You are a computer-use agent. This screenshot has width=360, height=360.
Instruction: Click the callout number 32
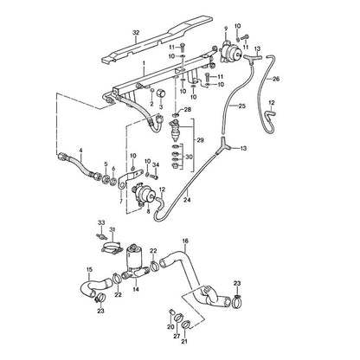coord(136,33)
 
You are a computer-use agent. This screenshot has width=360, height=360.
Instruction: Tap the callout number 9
coord(226,28)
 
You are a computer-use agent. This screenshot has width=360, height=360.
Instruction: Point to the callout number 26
coord(276,79)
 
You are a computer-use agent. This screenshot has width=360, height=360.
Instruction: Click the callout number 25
coord(242,106)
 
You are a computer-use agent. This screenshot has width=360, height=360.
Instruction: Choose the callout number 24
coord(188,200)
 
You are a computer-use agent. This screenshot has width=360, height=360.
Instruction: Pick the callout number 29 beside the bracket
coord(200,140)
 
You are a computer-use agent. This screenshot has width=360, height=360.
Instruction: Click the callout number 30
coord(189,157)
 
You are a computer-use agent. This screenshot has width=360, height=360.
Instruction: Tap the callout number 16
coord(185,241)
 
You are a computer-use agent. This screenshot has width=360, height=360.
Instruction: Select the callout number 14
coord(136,289)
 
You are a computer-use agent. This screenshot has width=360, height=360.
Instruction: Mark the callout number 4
coord(80,150)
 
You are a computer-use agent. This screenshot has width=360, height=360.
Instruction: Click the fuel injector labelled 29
coord(176,129)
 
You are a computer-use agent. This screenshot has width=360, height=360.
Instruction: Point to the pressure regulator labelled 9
coord(231,53)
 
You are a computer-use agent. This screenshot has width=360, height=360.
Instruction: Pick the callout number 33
coord(101,222)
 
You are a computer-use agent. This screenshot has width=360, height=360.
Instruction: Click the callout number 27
coord(177,336)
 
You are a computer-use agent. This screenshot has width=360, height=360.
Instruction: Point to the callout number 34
coord(156,164)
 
